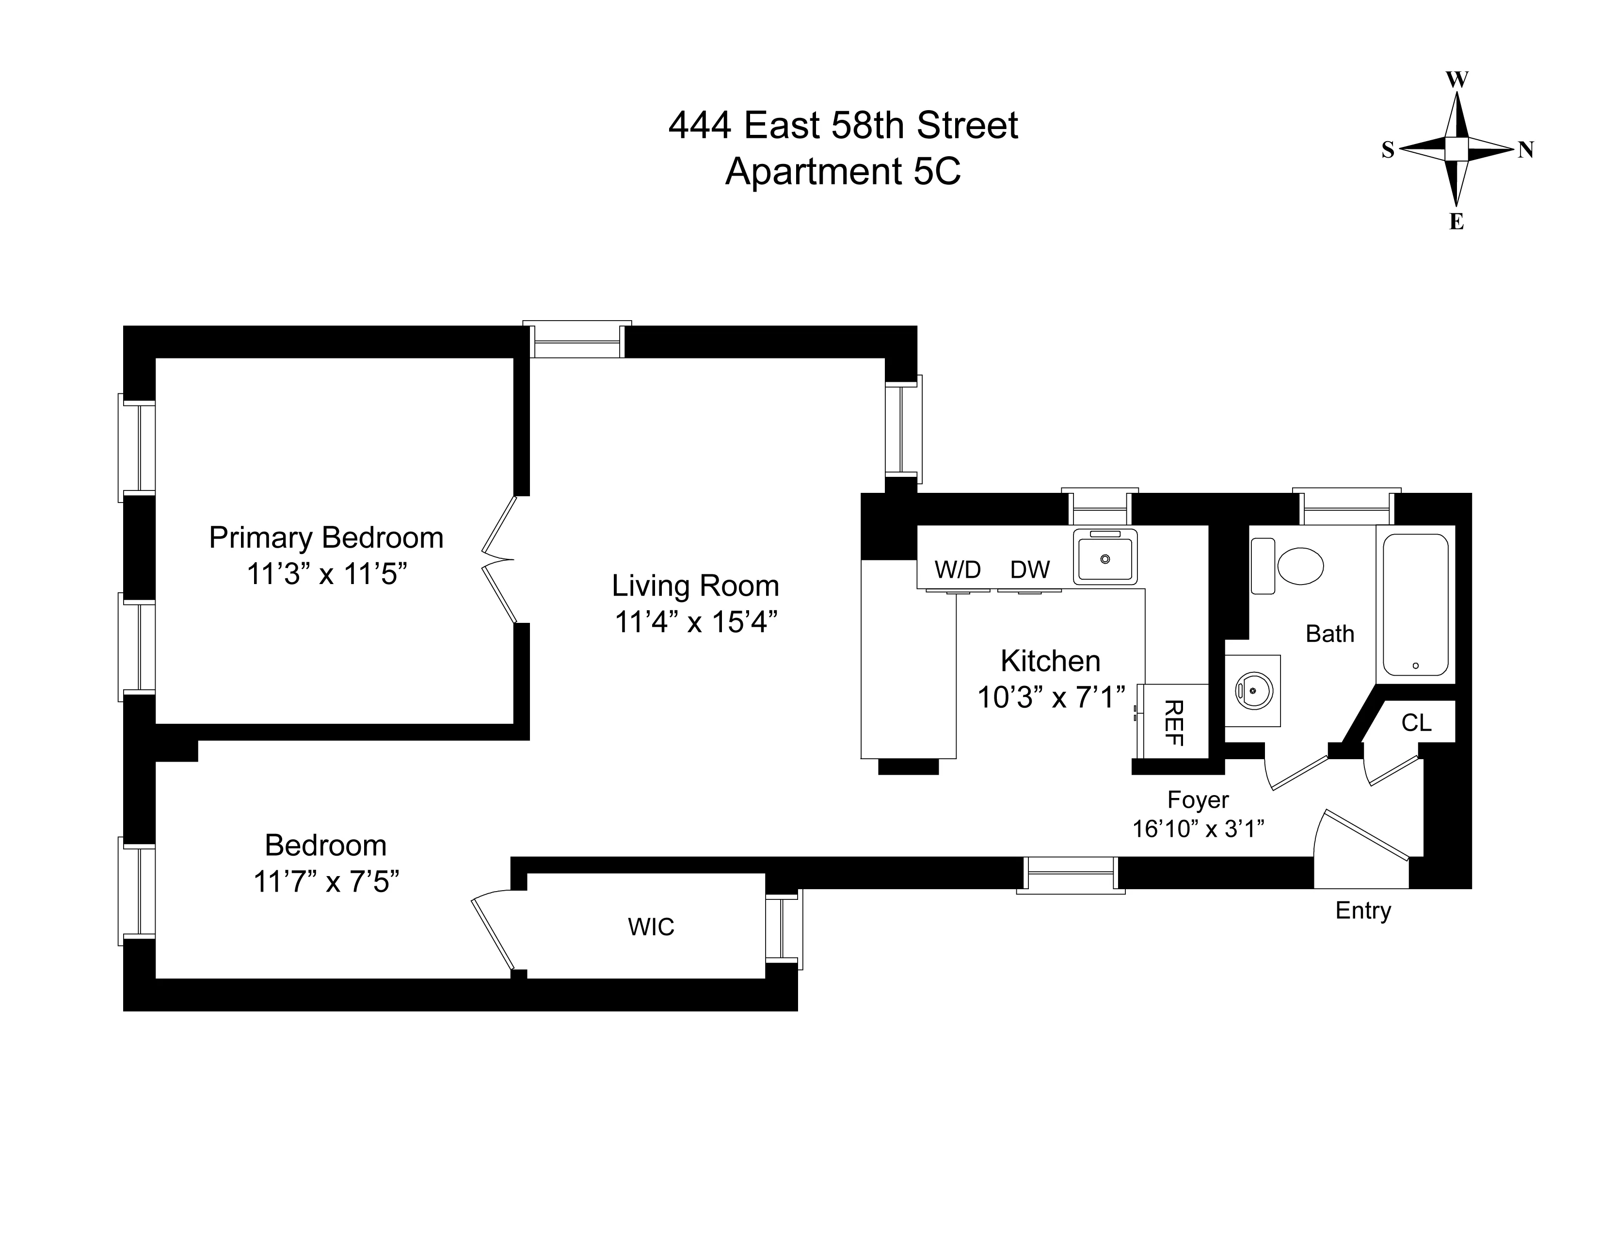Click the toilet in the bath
[x=1299, y=566]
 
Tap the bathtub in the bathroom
[x=1415, y=604]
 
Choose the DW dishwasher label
[x=1029, y=570]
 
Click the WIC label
[x=651, y=927]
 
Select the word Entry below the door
[x=1362, y=910]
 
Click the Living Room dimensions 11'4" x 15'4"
[x=695, y=622]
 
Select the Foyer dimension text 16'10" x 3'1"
[x=1199, y=829]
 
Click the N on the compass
[x=1525, y=150]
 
